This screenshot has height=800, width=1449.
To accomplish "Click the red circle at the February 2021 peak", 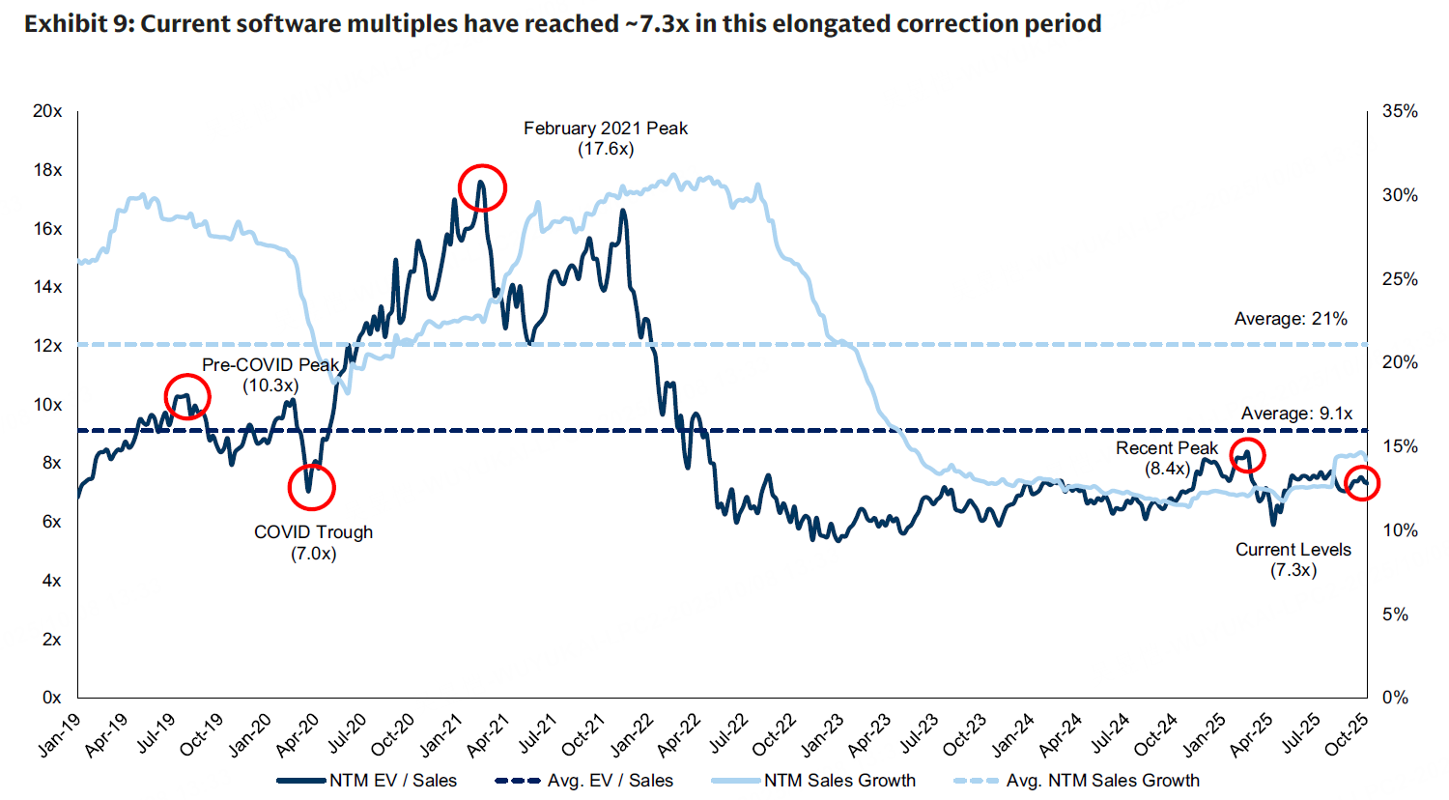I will tap(482, 187).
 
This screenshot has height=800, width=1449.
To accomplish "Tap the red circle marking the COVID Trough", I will tap(311, 487).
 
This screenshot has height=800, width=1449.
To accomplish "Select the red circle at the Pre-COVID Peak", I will tap(187, 396).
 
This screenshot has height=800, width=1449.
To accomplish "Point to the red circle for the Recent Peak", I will tap(1248, 455).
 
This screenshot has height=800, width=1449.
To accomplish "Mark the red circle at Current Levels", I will tap(1362, 483).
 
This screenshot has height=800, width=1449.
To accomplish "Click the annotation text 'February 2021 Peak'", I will tap(606, 129).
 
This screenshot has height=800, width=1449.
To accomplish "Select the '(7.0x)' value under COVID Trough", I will tap(313, 554).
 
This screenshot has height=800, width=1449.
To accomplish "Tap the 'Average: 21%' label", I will tap(1291, 319).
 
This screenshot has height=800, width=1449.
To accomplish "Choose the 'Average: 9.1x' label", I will tap(1296, 414).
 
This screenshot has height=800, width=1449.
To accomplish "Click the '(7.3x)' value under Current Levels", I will tap(1293, 570).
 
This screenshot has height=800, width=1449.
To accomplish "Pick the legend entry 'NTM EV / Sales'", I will tap(392, 781).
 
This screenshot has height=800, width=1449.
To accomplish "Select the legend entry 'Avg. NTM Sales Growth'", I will tap(1102, 781).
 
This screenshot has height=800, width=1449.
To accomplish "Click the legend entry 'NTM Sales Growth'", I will tap(839, 781).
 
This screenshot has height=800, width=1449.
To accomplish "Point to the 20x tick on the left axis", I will tap(47, 111).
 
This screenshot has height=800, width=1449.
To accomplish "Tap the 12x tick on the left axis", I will tap(47, 346).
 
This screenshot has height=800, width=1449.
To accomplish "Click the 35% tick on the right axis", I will tap(1400, 111).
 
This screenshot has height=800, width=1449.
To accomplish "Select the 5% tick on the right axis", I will tap(1395, 614).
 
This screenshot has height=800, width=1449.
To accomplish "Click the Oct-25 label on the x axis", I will tap(1346, 735).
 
